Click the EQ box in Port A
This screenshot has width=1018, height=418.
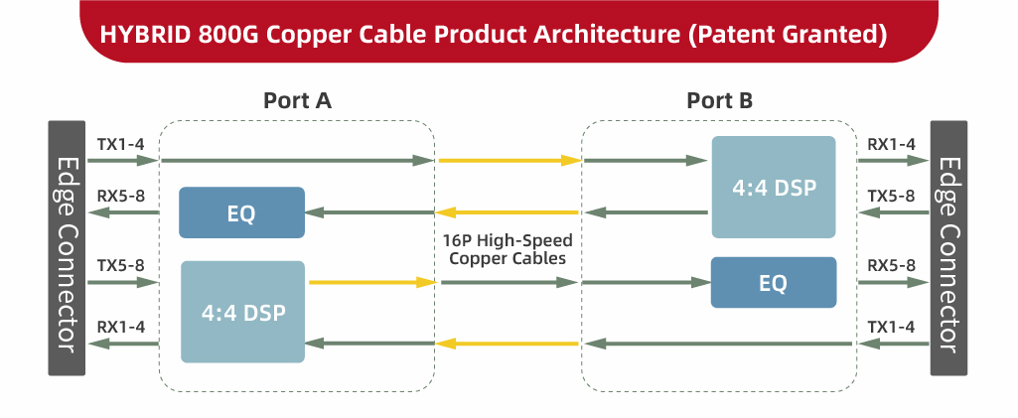click(x=241, y=212)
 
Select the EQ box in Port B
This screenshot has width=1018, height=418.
click(x=774, y=282)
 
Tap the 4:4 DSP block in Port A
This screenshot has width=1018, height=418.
click(x=243, y=312)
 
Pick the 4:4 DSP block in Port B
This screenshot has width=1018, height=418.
click(x=774, y=187)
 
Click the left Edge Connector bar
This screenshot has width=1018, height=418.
click(x=68, y=248)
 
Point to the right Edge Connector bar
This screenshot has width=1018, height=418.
click(x=948, y=248)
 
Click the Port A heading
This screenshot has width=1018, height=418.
click(x=297, y=100)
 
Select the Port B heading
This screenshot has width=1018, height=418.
click(x=719, y=100)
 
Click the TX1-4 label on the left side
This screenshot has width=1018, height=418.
click(x=120, y=145)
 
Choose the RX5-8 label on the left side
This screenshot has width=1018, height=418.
click(x=120, y=196)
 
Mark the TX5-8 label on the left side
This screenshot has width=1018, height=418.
click(x=120, y=266)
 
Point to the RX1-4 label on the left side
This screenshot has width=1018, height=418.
click(x=120, y=325)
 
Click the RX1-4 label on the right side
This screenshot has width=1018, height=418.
click(x=891, y=145)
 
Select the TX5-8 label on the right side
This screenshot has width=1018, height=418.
click(x=891, y=196)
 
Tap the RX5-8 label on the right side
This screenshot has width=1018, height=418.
click(x=891, y=266)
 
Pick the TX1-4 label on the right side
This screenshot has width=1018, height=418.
click(x=891, y=325)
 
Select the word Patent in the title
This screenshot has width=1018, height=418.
click(x=745, y=35)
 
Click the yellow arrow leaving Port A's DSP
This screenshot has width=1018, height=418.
click(x=372, y=283)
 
